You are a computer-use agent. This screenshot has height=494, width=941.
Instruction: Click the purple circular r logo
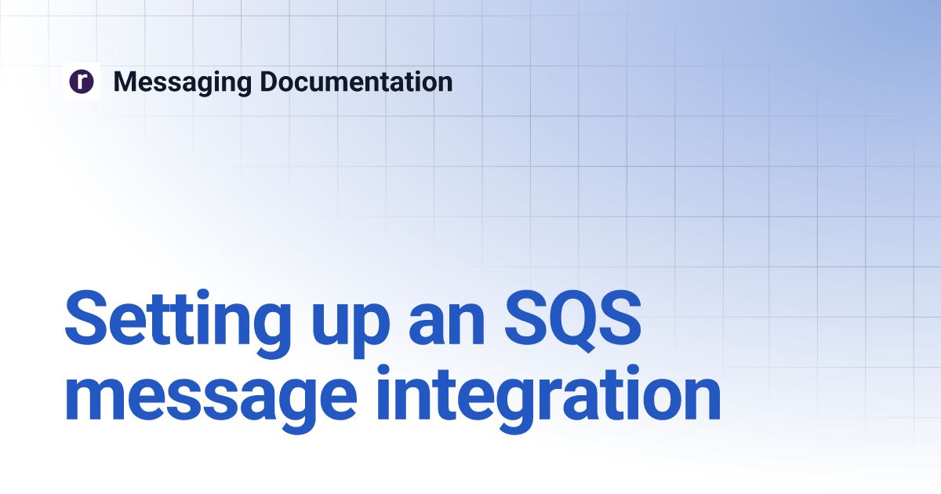(82, 82)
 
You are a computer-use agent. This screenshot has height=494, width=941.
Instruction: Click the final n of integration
(700, 401)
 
